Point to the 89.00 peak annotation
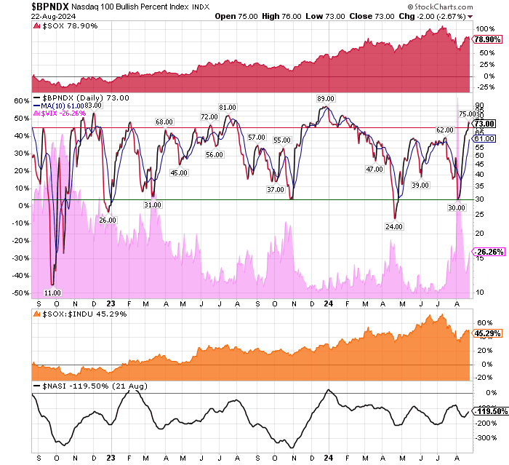tap(325, 98)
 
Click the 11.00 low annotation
tap(52, 293)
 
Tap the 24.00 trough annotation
tap(394, 226)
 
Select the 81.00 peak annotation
tap(228, 108)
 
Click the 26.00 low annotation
tap(108, 220)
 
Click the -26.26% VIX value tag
tap(489, 253)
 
